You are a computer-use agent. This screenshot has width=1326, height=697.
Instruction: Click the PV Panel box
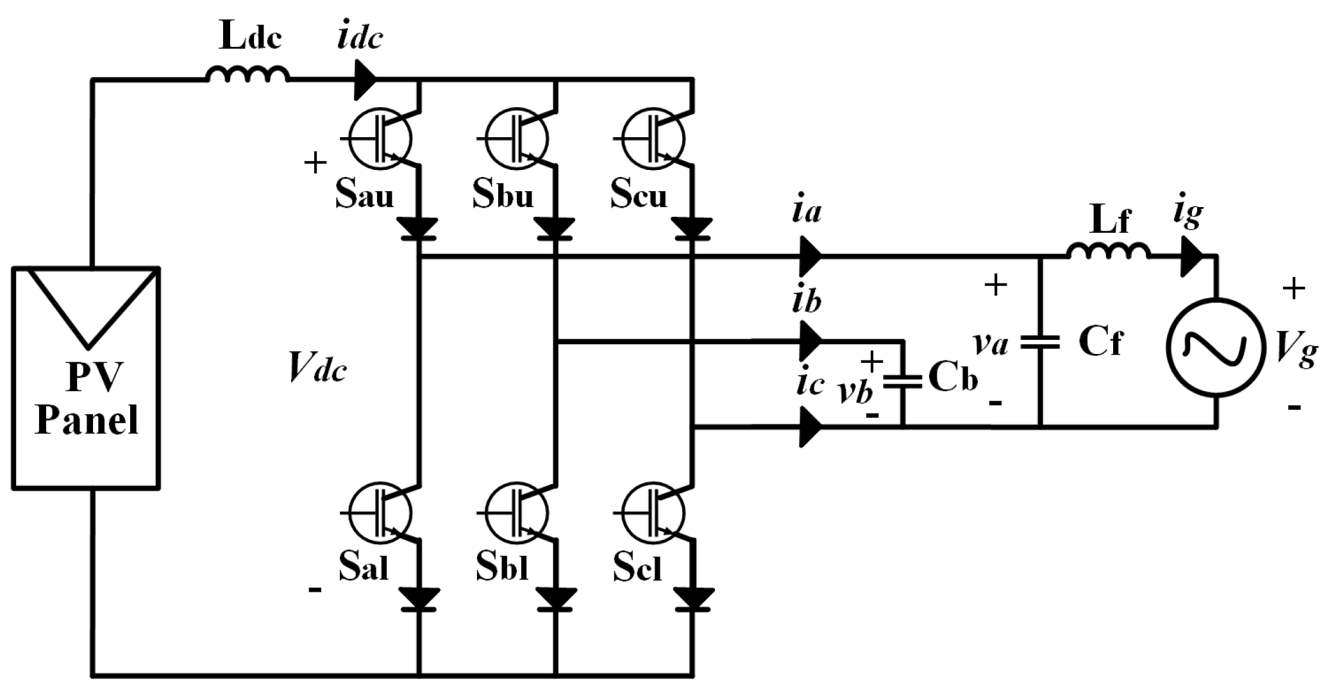click(x=85, y=378)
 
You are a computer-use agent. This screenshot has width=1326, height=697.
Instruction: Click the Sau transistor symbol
click(x=380, y=138)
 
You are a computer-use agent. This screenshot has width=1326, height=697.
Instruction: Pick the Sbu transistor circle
click(x=516, y=138)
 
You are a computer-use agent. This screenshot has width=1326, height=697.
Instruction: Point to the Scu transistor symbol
click(x=653, y=138)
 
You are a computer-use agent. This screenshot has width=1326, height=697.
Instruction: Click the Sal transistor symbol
click(x=380, y=513)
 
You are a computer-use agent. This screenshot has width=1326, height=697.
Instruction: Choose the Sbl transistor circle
click(x=516, y=513)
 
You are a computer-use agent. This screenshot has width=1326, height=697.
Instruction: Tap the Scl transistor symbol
click(x=653, y=513)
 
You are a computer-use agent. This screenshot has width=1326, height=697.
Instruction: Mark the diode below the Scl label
click(x=693, y=600)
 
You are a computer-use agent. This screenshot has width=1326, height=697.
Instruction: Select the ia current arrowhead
click(x=810, y=256)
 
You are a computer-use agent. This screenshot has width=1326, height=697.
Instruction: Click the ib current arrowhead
click(x=810, y=341)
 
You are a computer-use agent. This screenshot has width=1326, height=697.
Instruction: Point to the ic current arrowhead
click(x=810, y=427)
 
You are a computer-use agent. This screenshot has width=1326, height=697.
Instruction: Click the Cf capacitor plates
click(x=1039, y=342)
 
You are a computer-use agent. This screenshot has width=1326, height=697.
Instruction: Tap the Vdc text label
click(x=317, y=370)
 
